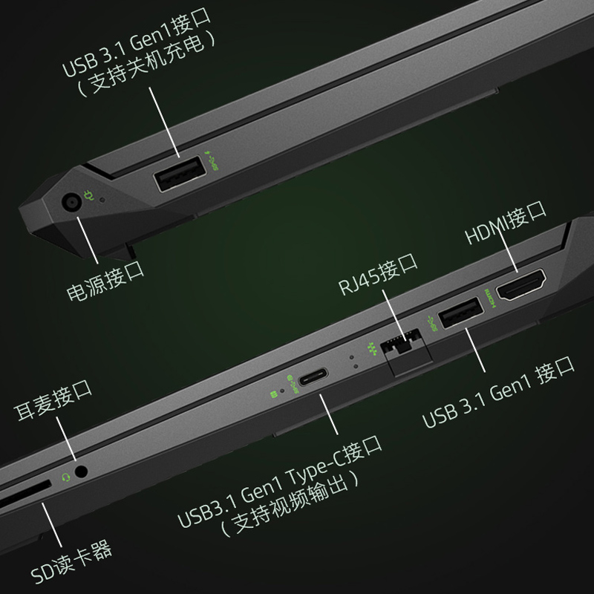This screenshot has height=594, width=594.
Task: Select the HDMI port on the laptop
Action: [x=520, y=287]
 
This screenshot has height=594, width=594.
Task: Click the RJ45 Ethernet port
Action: [x=403, y=345]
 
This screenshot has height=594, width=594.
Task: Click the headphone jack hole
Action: [x=82, y=471]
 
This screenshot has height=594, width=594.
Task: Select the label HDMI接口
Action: [x=506, y=226]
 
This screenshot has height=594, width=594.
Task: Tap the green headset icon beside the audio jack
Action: [x=66, y=477]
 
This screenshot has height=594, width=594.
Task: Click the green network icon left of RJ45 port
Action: [x=371, y=347]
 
